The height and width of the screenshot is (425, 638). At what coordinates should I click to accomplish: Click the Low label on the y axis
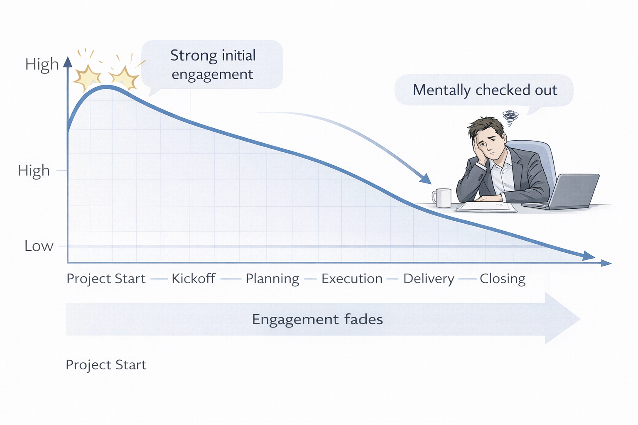(39, 246)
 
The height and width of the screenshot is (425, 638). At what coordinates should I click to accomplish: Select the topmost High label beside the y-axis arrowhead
(42, 64)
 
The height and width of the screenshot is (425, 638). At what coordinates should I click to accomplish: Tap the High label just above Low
(34, 171)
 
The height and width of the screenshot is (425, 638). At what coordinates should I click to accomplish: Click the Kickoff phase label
(194, 278)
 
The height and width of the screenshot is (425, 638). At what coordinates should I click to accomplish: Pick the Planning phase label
(272, 279)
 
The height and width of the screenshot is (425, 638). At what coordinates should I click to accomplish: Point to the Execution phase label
(352, 278)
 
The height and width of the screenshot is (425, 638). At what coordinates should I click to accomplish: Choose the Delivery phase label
(429, 279)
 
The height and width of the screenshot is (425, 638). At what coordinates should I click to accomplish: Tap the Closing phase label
(503, 279)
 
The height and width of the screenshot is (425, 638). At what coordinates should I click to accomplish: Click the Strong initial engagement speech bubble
(212, 65)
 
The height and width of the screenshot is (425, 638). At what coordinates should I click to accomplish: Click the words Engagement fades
(317, 320)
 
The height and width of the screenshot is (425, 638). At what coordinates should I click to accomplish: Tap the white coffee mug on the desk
(442, 198)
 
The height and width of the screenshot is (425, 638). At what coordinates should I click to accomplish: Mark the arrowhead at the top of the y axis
(68, 62)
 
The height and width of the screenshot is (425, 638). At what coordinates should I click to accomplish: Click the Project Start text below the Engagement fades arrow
(106, 365)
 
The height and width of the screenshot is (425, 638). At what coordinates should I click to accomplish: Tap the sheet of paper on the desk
(486, 207)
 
